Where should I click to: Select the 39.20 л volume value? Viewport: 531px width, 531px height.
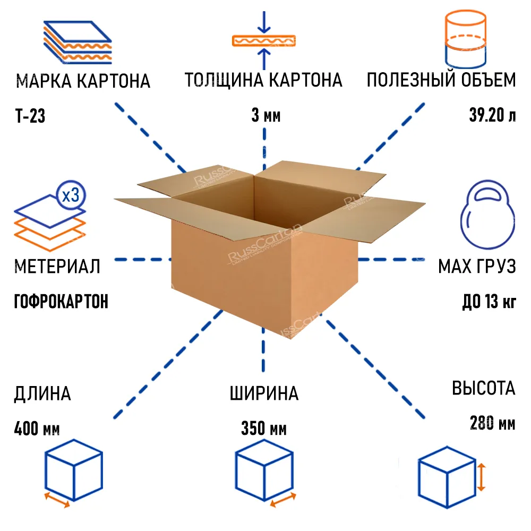[x=492, y=115]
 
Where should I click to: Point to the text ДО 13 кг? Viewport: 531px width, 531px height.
[x=489, y=302]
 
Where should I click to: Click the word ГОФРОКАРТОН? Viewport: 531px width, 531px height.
[x=61, y=302]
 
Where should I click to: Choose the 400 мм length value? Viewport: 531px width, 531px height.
[x=37, y=428]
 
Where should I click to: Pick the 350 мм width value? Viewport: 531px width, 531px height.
[x=264, y=428]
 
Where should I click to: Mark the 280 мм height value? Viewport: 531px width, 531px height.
[x=492, y=423]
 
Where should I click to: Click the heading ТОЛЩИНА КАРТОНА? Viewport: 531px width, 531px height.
[x=263, y=81]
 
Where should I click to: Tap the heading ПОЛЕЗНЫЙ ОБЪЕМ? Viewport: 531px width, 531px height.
[x=441, y=81]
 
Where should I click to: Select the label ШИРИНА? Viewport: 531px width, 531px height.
[x=264, y=393]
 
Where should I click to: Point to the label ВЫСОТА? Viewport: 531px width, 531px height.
[x=483, y=388]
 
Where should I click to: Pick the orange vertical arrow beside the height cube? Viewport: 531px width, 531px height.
[x=481, y=476]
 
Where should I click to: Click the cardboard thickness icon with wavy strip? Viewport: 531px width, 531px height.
[x=263, y=40]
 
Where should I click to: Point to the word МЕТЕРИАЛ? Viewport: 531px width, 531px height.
[x=57, y=266]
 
